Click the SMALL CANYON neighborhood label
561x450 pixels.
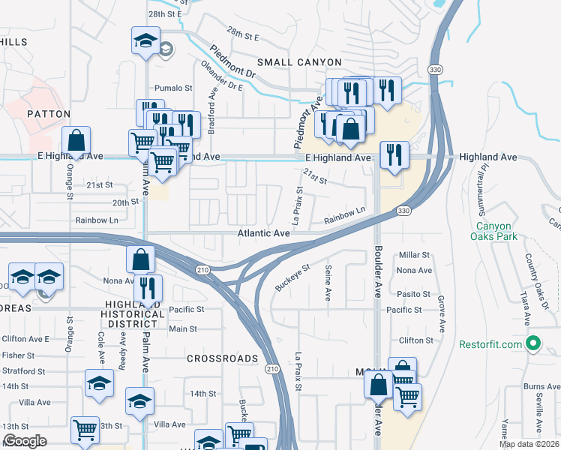pos(299,62)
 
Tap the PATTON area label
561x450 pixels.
pos(48,114)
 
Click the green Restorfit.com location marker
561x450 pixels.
pos(533,344)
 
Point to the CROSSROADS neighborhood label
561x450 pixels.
pos(218,359)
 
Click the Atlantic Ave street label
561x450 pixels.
pos(264,233)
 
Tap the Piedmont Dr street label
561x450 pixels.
pos(233,64)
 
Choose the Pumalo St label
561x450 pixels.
pos(173,88)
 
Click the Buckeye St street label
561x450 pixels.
pos(292,277)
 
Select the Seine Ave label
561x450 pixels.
pos(328,283)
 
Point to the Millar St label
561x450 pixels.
pos(414,256)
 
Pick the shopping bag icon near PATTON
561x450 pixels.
pos(76,140)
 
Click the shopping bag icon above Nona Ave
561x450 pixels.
pos(140,260)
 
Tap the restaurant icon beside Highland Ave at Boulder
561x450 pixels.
pos(394,155)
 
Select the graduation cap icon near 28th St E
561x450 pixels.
pos(145,40)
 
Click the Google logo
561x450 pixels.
pos(25,441)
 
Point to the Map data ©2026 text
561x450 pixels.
pos(528,444)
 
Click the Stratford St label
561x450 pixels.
pos(23,370)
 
